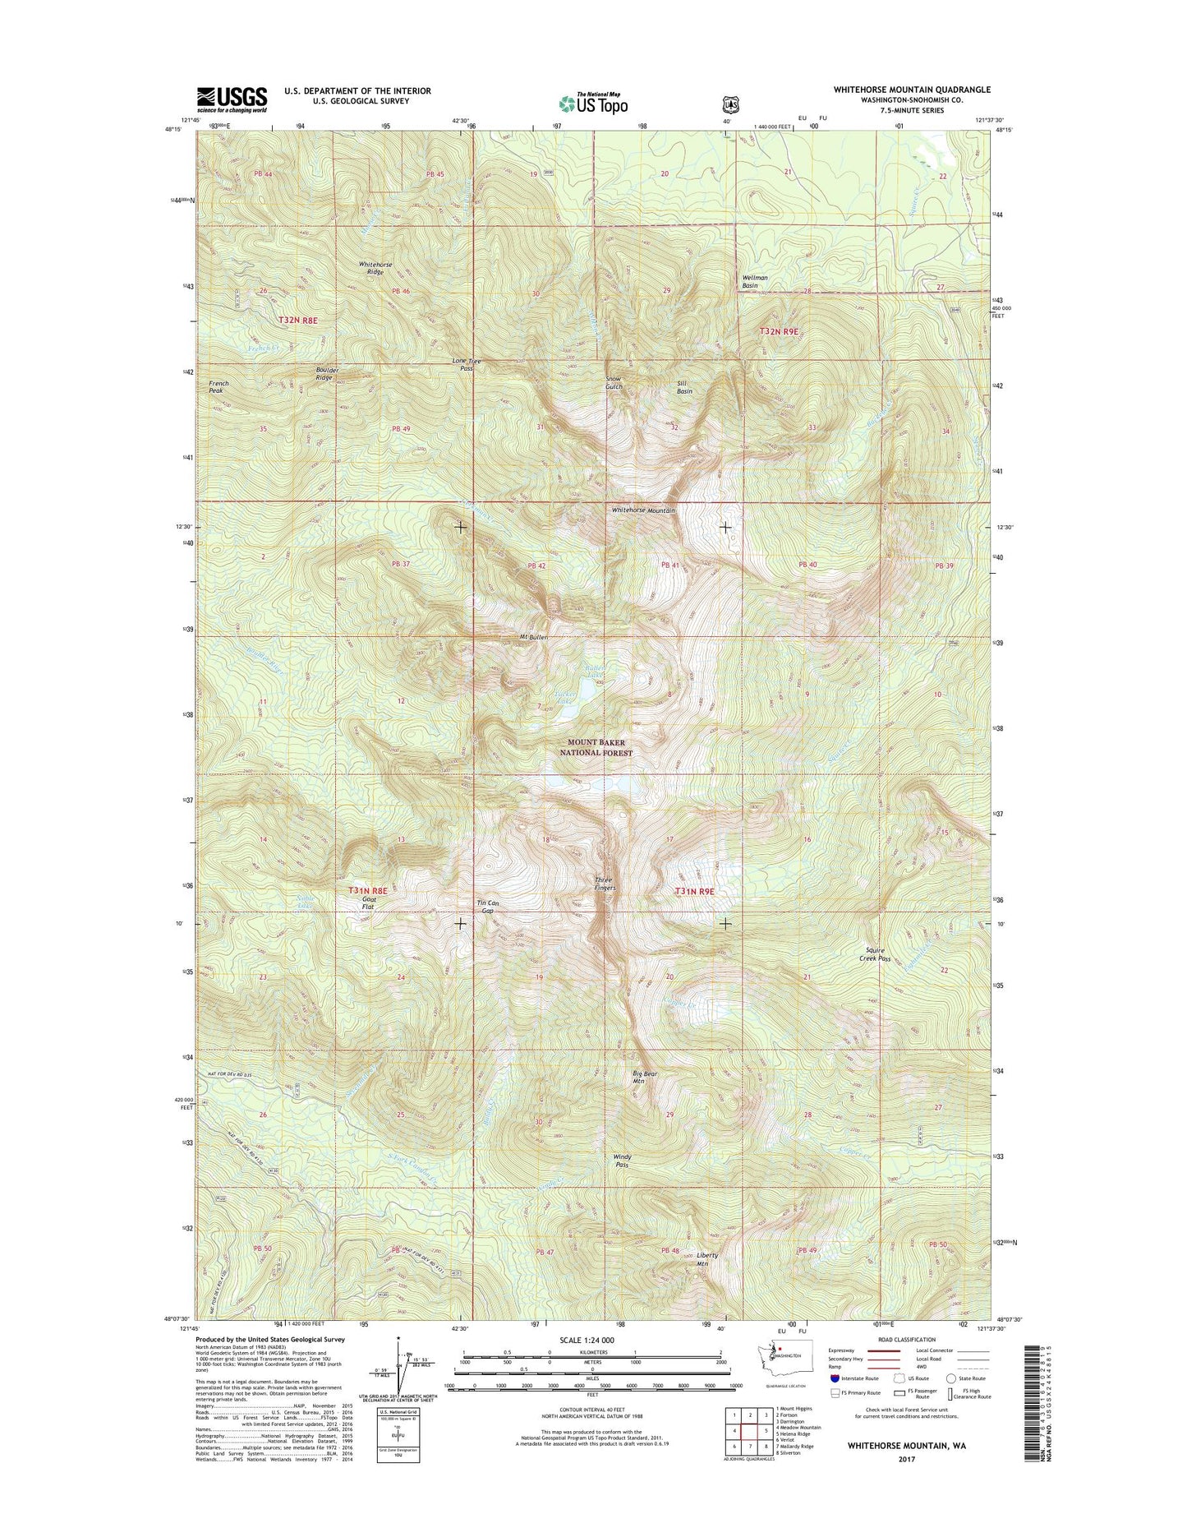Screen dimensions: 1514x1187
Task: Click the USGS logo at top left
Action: [x=231, y=99]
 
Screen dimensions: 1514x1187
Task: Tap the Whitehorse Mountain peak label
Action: [x=643, y=510]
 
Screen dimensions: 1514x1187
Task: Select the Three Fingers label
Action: [x=605, y=884]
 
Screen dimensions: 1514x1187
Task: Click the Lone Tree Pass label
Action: [x=467, y=365]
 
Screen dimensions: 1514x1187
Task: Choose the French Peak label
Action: [x=219, y=387]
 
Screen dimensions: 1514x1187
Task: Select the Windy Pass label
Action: [x=622, y=1161]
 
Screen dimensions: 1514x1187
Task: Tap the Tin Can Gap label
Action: [x=488, y=907]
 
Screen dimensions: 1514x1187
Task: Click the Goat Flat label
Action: [x=370, y=903]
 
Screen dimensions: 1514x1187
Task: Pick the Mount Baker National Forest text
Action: [x=596, y=747]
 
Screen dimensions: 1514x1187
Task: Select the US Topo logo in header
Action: [x=593, y=104]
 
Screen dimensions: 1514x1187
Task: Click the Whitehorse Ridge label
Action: [x=375, y=268]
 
